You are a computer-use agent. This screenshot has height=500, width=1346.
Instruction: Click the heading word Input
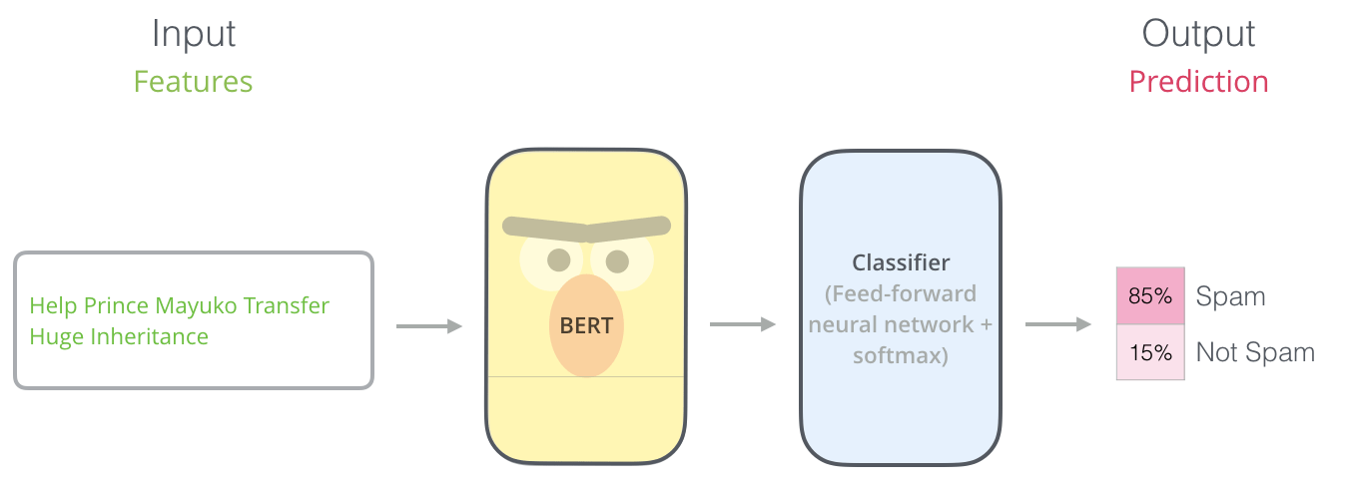point(193,34)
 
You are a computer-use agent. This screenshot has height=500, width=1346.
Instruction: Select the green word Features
point(193,82)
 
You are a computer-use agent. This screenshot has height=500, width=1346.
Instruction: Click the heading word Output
point(1198,34)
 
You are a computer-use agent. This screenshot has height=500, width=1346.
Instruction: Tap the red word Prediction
point(1198,82)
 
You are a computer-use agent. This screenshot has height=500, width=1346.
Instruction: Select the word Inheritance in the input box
point(149,336)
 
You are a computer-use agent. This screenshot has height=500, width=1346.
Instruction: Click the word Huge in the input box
point(56,336)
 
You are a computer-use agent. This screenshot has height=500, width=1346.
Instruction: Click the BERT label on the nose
point(586,325)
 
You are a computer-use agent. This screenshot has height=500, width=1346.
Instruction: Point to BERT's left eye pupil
point(558,260)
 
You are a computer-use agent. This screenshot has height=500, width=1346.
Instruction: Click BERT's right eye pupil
point(617,261)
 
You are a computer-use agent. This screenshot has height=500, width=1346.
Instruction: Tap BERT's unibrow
point(586,229)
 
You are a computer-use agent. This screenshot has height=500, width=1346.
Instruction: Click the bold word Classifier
point(900,262)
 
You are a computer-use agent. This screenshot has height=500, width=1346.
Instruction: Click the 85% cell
point(1149,296)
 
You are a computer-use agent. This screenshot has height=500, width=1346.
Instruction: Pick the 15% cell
point(1149,352)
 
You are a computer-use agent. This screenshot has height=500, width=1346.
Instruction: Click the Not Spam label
point(1255,352)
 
